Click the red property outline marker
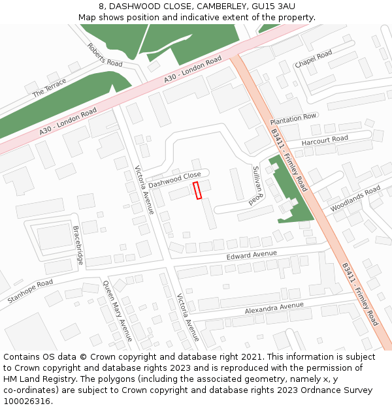(x=197, y=190)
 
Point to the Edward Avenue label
(x=252, y=255)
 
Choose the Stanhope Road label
(x=30, y=291)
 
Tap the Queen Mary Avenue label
(x=118, y=311)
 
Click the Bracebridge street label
(x=78, y=245)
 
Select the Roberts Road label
(x=105, y=55)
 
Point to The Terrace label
(x=50, y=87)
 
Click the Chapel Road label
(x=314, y=59)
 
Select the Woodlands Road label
(x=355, y=198)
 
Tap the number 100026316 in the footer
(x=28, y=401)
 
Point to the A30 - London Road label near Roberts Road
(x=193, y=70)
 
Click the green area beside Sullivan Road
(x=291, y=196)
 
